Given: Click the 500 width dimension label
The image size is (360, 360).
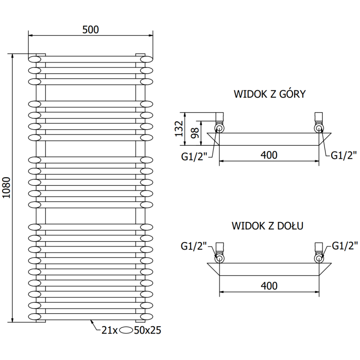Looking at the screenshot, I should (x=90, y=29).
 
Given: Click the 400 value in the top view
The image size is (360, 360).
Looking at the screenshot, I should (x=268, y=155).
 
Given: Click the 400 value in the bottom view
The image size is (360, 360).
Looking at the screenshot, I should (x=268, y=285).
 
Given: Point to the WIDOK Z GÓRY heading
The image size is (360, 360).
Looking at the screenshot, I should (x=270, y=94).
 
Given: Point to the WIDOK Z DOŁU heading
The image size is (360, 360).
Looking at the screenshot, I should (x=267, y=225).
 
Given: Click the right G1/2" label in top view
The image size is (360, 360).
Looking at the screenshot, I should (x=344, y=155).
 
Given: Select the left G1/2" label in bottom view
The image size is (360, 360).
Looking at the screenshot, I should (x=193, y=246).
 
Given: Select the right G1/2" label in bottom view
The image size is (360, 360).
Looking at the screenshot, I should (x=345, y=246).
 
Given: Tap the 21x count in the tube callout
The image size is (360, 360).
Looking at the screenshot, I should (x=109, y=331).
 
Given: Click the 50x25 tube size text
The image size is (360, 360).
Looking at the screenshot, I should (x=148, y=331).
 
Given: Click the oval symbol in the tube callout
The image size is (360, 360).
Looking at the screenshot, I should (x=127, y=331).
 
